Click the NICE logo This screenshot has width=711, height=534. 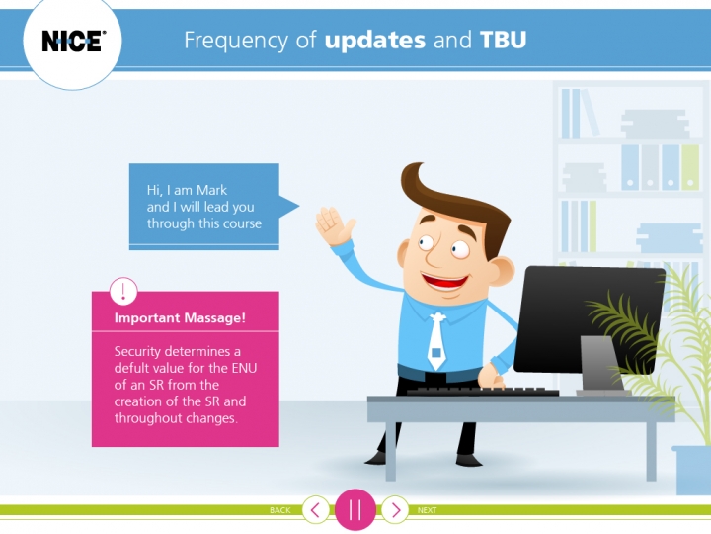coord(72,41)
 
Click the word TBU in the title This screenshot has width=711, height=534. coord(503,40)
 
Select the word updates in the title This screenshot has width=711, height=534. coord(375,40)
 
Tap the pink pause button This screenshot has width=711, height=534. coord(355,509)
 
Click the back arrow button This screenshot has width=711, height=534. coord(316,510)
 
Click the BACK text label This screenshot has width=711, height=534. coord(279,510)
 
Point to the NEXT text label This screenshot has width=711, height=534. coord(428,510)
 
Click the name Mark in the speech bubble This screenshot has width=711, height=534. coord(211,190)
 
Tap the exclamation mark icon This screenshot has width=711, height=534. coord(123,291)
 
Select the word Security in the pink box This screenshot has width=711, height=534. coord(137,352)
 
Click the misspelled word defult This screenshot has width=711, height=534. coord(128,368)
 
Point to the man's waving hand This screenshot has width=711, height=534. coord(335,225)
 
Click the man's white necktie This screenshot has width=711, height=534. coord(435,341)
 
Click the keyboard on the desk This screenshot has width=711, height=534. coord(482,391)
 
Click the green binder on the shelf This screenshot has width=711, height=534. coord(690,167)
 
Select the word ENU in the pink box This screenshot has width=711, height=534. coord(245,367)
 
